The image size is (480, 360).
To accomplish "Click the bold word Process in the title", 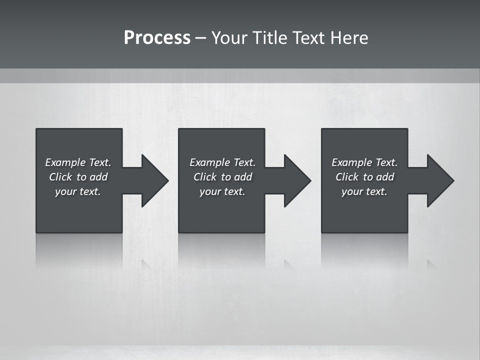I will coord(157,38).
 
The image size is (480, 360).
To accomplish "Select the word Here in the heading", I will coord(349,38).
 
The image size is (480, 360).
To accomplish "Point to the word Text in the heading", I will coord(309,38).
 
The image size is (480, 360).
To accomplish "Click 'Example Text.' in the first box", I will coord(78,162).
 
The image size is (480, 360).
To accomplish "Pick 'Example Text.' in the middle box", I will coord(222,162).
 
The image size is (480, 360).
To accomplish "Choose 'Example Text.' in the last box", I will coord(364,162).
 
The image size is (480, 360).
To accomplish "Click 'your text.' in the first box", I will coord(78,191).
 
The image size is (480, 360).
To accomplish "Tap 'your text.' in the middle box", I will coord(222,191).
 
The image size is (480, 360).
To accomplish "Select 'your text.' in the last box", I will coord(364,191).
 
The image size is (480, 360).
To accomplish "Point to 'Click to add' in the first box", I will coord(78,177).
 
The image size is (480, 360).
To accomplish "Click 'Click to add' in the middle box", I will coord(222,177).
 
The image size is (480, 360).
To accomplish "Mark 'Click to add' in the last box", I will coord(364,177).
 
